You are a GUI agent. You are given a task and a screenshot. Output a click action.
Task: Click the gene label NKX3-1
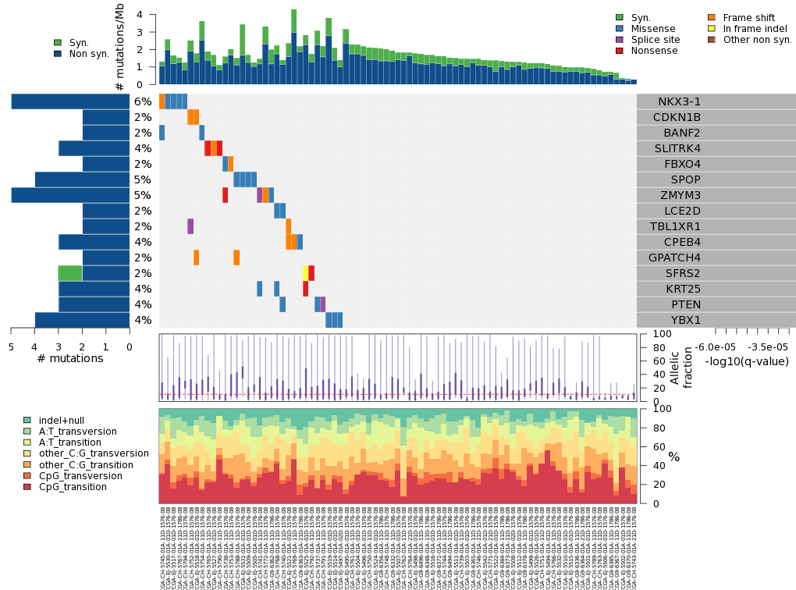click(x=679, y=101)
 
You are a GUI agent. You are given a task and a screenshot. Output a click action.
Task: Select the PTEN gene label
click(x=686, y=304)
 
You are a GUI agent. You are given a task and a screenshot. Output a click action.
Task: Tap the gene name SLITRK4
click(x=677, y=148)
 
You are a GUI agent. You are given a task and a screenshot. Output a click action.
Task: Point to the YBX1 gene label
click(x=686, y=320)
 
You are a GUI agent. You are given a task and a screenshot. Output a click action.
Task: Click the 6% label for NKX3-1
click(x=142, y=101)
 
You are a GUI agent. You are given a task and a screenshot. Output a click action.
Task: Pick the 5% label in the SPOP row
click(x=142, y=179)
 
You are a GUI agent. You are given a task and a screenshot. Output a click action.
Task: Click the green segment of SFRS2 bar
click(x=70, y=273)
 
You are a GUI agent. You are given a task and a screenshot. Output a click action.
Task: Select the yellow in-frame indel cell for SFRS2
click(x=306, y=273)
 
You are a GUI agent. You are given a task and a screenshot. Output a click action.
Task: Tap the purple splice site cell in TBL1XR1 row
click(x=190, y=226)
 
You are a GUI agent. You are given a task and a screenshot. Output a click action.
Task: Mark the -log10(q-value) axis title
click(x=747, y=361)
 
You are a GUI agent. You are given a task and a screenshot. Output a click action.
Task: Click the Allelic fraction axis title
click(x=681, y=367)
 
